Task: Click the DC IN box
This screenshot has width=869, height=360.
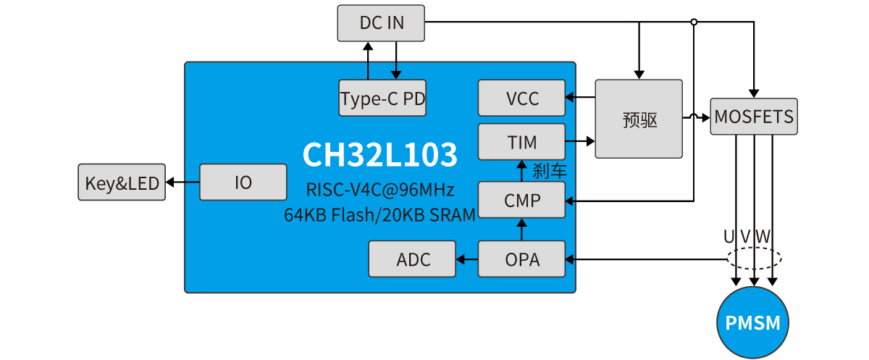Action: pyautogui.click(x=382, y=23)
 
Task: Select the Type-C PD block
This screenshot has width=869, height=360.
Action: pyautogui.click(x=382, y=98)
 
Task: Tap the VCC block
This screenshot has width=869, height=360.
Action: pyautogui.click(x=521, y=98)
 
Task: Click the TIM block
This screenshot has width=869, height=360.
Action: pyautogui.click(x=521, y=141)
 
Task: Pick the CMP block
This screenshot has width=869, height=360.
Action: pyautogui.click(x=521, y=200)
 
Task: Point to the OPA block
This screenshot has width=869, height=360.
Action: pyautogui.click(x=521, y=259)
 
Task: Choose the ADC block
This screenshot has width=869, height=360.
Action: pyautogui.click(x=413, y=259)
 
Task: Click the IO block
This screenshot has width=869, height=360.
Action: pyautogui.click(x=243, y=183)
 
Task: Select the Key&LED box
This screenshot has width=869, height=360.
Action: pyautogui.click(x=122, y=183)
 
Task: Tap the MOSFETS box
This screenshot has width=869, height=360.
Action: pyautogui.click(x=754, y=116)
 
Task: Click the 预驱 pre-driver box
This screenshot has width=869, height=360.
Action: pyautogui.click(x=639, y=119)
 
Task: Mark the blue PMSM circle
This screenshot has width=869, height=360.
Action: pyautogui.click(x=753, y=322)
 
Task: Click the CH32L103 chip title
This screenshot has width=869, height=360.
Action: pyautogui.click(x=380, y=154)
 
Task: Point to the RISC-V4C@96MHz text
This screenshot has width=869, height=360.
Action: pyautogui.click(x=380, y=191)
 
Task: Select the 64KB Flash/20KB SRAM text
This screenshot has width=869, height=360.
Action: pyautogui.click(x=380, y=214)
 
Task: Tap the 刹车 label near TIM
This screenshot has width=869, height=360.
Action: pyautogui.click(x=550, y=172)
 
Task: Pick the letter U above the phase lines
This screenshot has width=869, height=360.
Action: pyautogui.click(x=729, y=236)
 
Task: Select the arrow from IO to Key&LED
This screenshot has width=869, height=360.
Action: pyautogui.click(x=182, y=183)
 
